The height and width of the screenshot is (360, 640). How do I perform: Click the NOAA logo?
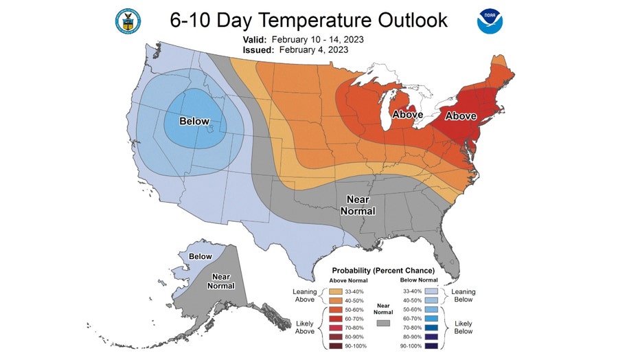click(490, 21)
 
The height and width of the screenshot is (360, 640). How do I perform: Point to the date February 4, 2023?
click(314, 49)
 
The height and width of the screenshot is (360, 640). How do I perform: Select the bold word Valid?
click(256, 40)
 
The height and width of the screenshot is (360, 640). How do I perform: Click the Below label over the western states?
click(194, 122)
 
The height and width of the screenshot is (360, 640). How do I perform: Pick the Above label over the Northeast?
click(461, 116)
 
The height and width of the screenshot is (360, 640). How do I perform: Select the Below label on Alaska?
click(201, 256)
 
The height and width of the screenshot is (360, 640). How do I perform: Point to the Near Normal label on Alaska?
click(220, 280)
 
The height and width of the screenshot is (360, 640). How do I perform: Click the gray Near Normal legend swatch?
click(384, 322)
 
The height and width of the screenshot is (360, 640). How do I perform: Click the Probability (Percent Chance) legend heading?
click(383, 270)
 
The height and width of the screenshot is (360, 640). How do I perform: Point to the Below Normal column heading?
click(420, 280)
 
